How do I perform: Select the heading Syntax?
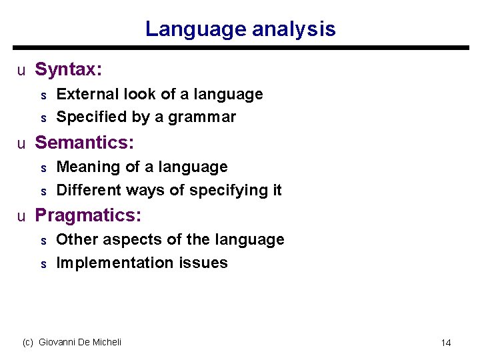[x=68, y=69]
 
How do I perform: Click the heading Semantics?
[x=85, y=143]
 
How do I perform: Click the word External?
[x=83, y=95]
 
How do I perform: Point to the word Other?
[x=74, y=239]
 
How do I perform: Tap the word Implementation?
[x=106, y=263]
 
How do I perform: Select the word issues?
[x=203, y=263]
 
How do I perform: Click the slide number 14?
[x=446, y=343]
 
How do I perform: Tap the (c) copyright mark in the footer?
[x=28, y=342]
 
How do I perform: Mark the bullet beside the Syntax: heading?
[x=21, y=70]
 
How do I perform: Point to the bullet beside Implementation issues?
[x=43, y=264]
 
